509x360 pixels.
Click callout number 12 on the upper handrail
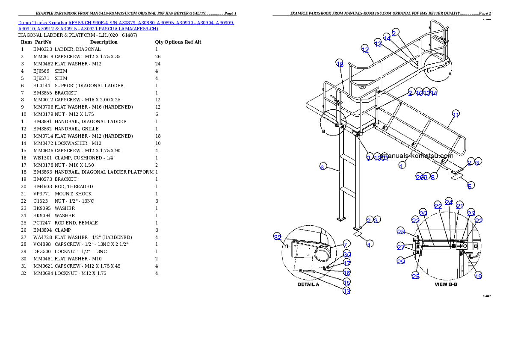click(x=365, y=49)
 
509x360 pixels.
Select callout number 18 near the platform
click(x=339, y=64)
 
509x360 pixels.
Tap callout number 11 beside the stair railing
click(x=456, y=114)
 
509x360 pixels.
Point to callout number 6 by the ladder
click(x=322, y=167)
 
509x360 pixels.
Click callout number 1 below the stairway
click(x=402, y=165)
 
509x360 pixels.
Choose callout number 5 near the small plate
click(x=470, y=186)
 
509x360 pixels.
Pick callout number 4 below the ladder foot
click(x=369, y=244)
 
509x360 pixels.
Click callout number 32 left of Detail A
click(x=278, y=237)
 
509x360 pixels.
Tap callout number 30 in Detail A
click(x=347, y=255)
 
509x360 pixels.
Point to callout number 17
click(x=347, y=263)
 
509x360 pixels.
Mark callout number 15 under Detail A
click(x=347, y=282)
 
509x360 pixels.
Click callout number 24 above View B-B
click(x=449, y=202)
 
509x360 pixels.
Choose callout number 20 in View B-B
click(x=423, y=213)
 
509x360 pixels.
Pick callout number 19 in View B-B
click(x=479, y=276)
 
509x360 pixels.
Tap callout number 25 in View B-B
click(x=415, y=276)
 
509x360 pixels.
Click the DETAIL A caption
click(x=308, y=284)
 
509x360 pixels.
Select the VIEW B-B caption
click(x=446, y=284)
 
